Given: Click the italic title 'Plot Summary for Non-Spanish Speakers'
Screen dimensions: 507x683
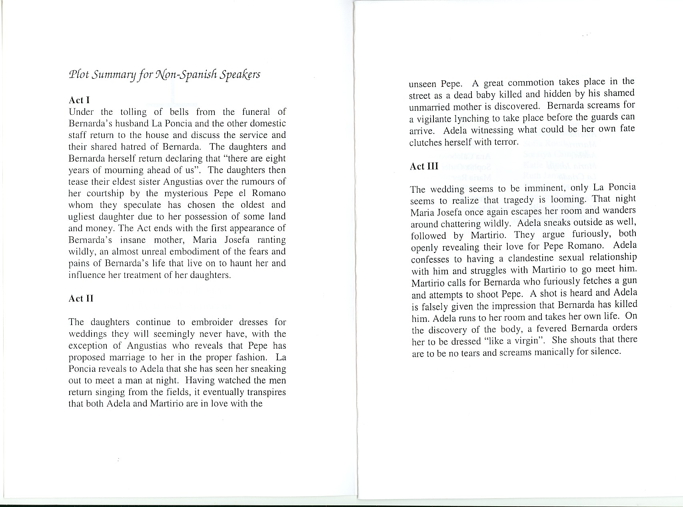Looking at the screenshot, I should coord(164,75).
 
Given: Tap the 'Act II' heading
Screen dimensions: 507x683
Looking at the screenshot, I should coord(81,299).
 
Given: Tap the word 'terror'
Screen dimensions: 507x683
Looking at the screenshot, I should coord(505,142).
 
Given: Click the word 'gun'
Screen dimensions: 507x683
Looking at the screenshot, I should coord(630,281).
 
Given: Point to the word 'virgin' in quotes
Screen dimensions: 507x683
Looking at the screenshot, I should coord(522,341).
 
